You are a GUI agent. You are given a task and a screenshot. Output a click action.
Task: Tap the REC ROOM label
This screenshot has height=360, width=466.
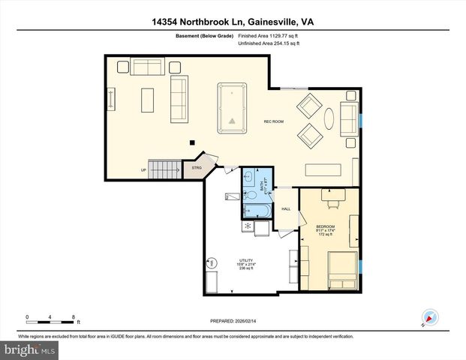coord(272,121)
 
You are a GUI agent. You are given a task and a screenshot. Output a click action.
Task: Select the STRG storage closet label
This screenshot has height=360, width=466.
coord(197,169)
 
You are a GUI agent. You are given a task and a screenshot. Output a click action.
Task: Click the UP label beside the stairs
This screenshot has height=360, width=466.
coord(143,170)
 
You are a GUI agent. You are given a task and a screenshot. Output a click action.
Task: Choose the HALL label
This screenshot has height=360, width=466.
coord(286,209)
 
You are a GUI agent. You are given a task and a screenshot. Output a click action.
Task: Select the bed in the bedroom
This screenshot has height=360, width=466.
coord(341,270)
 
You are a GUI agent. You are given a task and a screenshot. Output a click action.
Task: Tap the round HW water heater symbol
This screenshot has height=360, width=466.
coord(212,262)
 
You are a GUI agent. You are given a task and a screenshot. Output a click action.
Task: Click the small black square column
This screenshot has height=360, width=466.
coord(192,142)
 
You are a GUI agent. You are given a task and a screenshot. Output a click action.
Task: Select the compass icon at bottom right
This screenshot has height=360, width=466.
coord(428,319)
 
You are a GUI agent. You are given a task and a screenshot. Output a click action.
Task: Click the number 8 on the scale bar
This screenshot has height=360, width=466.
coord(74,316)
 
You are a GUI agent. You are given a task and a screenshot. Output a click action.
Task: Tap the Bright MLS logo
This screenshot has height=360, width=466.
coord(29,350)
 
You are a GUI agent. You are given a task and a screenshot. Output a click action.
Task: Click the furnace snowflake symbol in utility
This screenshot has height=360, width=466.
coord(246,225)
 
